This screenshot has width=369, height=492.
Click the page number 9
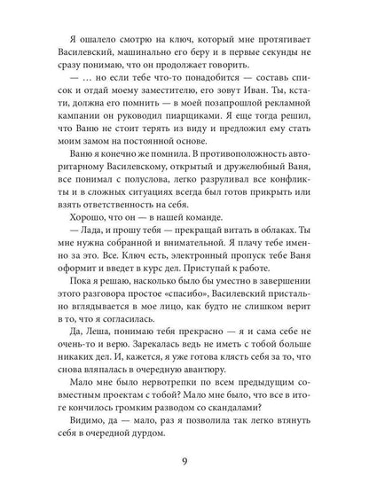coord(184,461)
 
